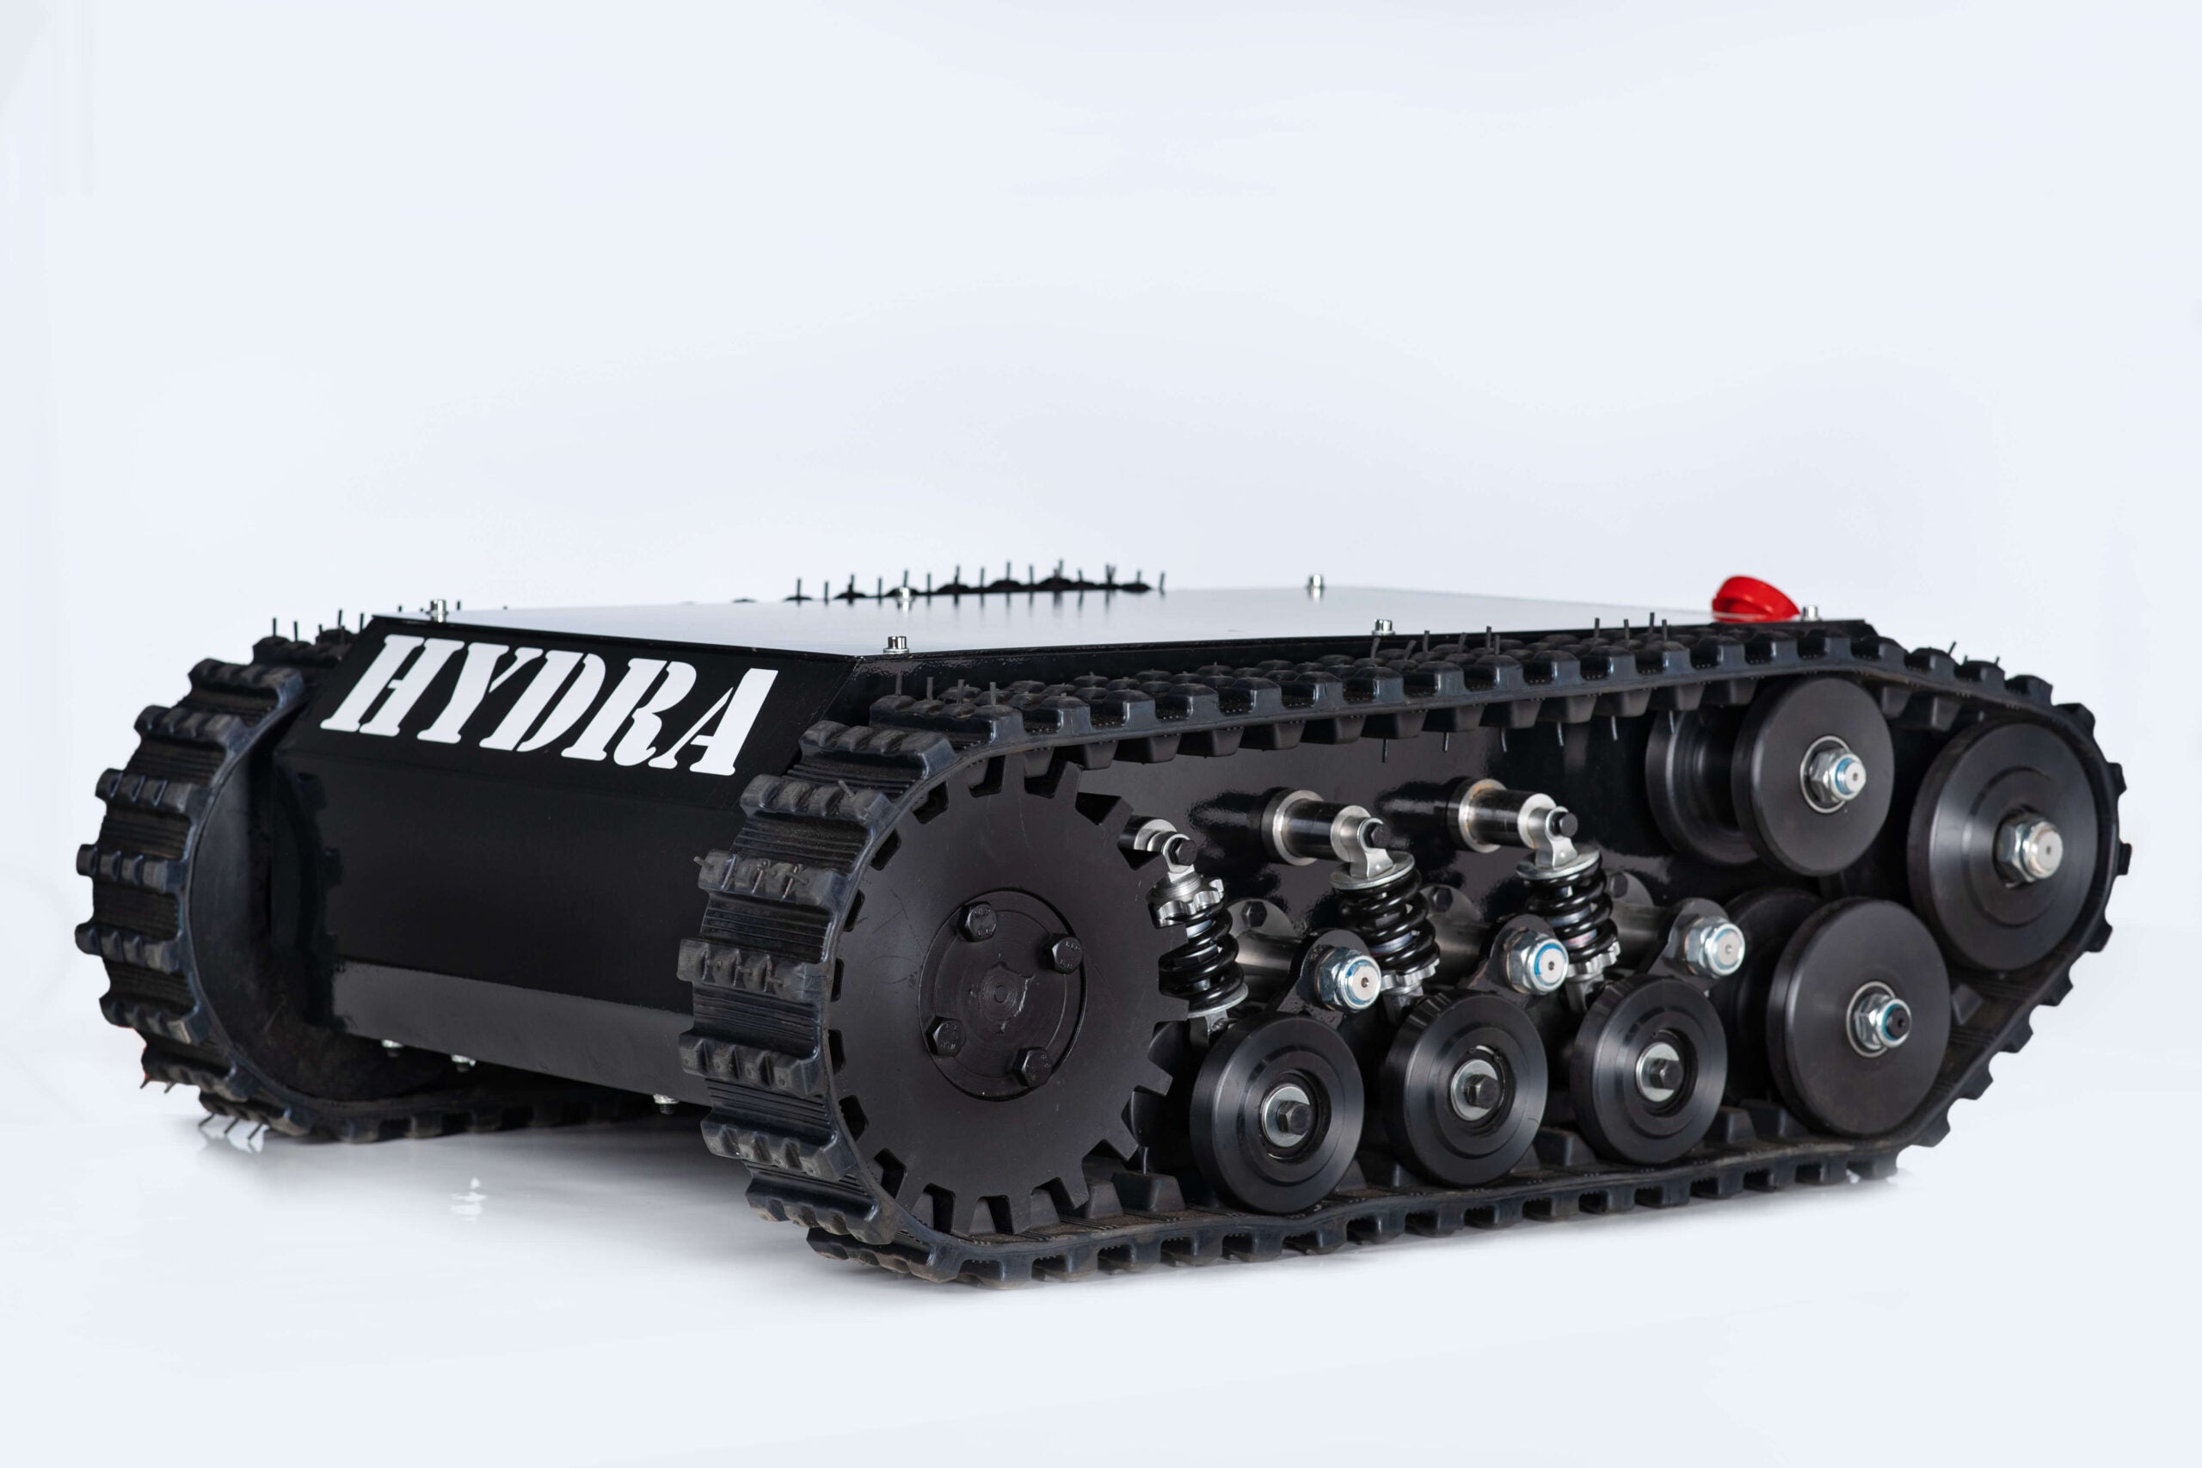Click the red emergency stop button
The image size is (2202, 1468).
tap(1754, 599)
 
